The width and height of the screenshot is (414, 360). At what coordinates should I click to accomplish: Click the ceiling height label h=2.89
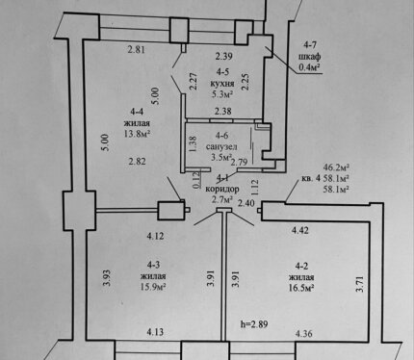coord(254,324)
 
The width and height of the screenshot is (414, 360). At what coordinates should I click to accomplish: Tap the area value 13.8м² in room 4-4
coord(138,134)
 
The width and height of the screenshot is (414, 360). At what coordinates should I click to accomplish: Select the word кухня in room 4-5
coord(221,84)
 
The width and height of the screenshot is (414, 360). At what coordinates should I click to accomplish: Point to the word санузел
coord(221,146)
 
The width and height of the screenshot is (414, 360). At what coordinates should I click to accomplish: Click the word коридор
coord(222,189)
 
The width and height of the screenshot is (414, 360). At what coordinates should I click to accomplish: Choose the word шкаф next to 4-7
coord(310,57)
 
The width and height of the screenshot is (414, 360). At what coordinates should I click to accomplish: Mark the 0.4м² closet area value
coord(310,66)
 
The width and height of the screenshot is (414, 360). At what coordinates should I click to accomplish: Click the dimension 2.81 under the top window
coord(137,50)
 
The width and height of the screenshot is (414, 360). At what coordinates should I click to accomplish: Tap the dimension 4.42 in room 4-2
coord(300,230)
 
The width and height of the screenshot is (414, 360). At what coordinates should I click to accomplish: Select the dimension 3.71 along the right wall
coord(360,283)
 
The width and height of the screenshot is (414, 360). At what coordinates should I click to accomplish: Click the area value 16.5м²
coord(300,287)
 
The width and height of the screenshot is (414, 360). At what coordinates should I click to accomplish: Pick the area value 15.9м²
coord(153,287)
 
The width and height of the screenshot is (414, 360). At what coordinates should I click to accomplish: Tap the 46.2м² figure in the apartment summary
coord(336,167)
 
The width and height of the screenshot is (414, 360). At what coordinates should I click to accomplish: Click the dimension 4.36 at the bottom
coord(303,334)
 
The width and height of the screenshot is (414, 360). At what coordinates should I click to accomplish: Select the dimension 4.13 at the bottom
coord(155,332)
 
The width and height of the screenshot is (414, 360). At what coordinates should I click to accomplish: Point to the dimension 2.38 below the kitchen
coord(222,112)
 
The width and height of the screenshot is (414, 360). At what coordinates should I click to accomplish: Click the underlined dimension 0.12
coord(197,180)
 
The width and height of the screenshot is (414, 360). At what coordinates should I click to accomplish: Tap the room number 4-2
coord(301,266)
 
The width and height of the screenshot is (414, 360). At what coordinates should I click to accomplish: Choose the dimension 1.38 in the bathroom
coord(193,144)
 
